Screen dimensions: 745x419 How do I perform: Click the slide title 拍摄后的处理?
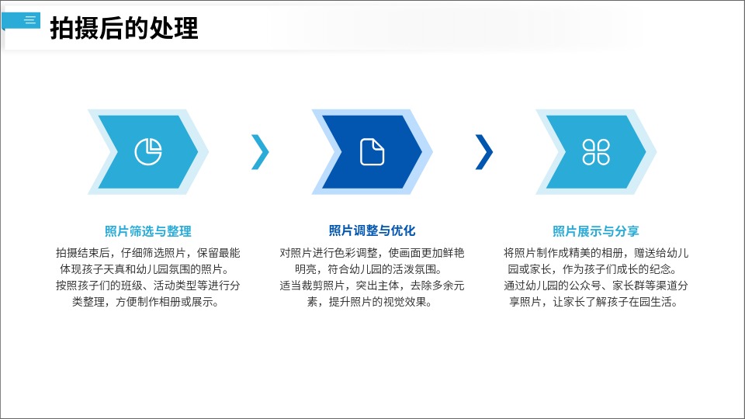click(124, 28)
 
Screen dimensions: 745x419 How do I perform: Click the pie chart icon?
click(148, 151)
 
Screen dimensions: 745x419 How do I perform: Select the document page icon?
click(372, 151)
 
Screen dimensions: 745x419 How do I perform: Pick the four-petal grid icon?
click(596, 151)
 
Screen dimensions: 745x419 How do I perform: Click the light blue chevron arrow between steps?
click(262, 151)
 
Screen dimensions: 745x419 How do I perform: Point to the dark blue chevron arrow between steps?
click(485, 151)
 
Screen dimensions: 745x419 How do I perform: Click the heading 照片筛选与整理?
click(148, 231)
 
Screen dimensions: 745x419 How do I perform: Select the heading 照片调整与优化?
click(372, 231)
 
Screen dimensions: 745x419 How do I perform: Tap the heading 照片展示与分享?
click(596, 231)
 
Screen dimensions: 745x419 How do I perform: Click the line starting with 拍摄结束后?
click(148, 253)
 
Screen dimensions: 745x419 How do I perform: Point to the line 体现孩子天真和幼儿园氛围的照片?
click(145, 269)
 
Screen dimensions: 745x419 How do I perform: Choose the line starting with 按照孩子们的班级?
click(148, 285)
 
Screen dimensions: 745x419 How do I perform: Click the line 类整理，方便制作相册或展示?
click(146, 302)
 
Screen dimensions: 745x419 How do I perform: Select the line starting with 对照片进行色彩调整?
click(372, 253)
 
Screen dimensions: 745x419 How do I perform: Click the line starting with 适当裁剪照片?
click(372, 285)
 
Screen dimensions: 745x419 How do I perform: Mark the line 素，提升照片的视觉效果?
click(369, 302)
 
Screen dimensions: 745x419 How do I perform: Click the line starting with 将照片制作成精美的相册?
click(596, 253)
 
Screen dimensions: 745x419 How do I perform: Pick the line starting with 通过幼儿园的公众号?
click(596, 285)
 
